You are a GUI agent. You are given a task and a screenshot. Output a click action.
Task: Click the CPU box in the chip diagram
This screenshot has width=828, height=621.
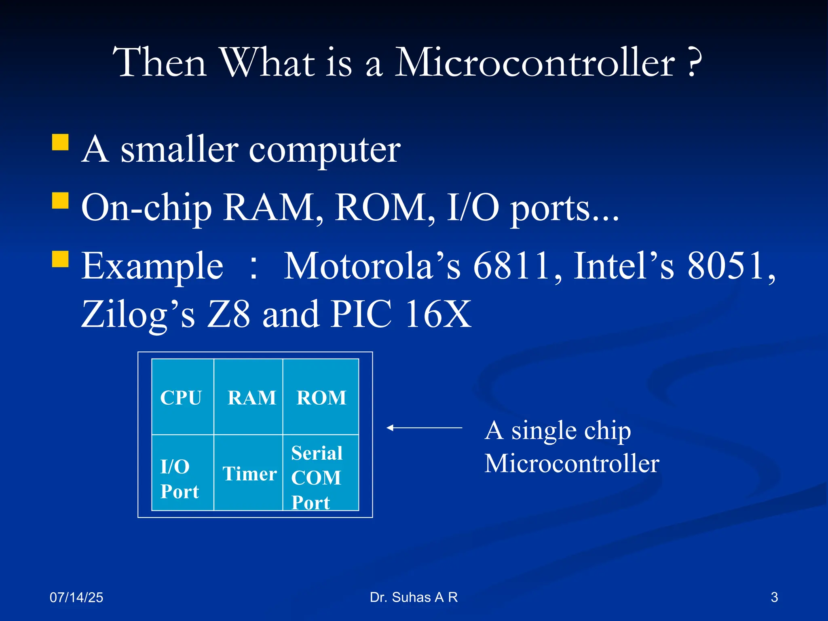click(182, 397)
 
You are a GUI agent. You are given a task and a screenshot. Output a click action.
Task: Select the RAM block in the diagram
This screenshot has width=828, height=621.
click(248, 397)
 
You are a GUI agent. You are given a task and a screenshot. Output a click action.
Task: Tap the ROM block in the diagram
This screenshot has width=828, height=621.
click(321, 397)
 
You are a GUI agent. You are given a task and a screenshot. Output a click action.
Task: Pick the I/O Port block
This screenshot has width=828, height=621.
click(182, 473)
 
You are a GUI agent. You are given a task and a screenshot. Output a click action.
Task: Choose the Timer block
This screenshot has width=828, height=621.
click(248, 473)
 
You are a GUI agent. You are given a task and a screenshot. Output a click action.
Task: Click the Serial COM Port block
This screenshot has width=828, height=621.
click(321, 473)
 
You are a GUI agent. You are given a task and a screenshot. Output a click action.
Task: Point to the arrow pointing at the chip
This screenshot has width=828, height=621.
click(424, 427)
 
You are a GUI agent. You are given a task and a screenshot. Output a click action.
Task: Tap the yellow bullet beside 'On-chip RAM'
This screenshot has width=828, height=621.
click(60, 200)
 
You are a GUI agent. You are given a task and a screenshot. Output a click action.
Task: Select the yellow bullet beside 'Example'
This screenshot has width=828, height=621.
click(60, 259)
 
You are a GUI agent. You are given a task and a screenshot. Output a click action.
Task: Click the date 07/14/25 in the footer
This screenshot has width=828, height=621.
click(76, 597)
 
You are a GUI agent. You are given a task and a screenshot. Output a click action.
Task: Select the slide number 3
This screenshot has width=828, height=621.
click(774, 597)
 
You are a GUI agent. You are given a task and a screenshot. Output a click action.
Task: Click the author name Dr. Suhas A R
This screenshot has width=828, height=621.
click(414, 597)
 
